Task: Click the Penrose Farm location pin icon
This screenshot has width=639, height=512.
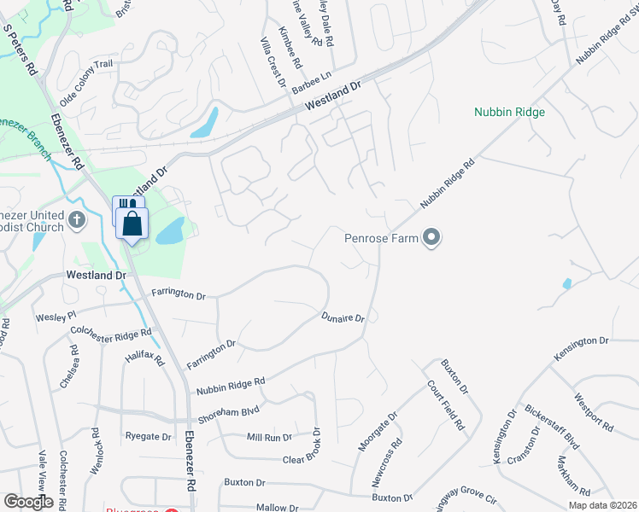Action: (x=432, y=238)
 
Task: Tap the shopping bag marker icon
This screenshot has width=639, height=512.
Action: (x=132, y=225)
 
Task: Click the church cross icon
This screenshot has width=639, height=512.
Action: (x=77, y=219)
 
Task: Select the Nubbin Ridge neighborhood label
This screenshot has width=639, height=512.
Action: (x=509, y=112)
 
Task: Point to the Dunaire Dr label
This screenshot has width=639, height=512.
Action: (x=343, y=318)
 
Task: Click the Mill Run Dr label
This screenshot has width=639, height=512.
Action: (x=269, y=438)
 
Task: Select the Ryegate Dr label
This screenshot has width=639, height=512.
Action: (x=149, y=437)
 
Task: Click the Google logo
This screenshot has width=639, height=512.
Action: (x=28, y=502)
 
